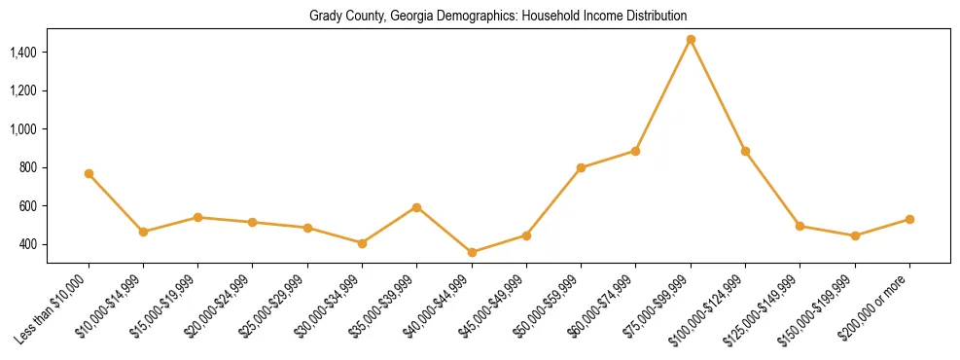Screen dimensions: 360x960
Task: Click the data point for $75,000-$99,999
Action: tap(691, 40)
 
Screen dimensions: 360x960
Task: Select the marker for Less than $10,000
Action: tap(89, 174)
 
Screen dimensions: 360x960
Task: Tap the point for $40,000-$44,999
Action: tap(472, 253)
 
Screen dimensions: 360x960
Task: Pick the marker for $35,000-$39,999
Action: tap(417, 207)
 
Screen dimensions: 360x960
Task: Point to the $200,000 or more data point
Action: tap(909, 220)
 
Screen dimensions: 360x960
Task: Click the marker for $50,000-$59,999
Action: tap(581, 168)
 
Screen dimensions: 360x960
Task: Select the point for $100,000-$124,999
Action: tap(745, 152)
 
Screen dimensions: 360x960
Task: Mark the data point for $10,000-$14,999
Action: tap(143, 233)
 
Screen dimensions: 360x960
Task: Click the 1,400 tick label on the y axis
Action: tap(24, 52)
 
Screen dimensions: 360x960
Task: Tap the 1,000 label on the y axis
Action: tap(24, 128)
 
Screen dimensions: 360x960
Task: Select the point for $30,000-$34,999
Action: tap(362, 243)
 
